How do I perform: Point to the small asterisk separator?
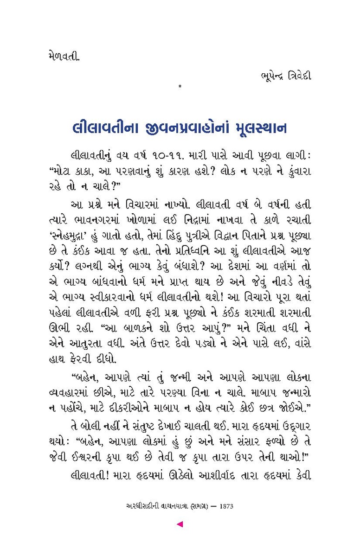pyautogui.click(x=180, y=86)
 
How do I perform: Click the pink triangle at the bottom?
pyautogui.click(x=180, y=524)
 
